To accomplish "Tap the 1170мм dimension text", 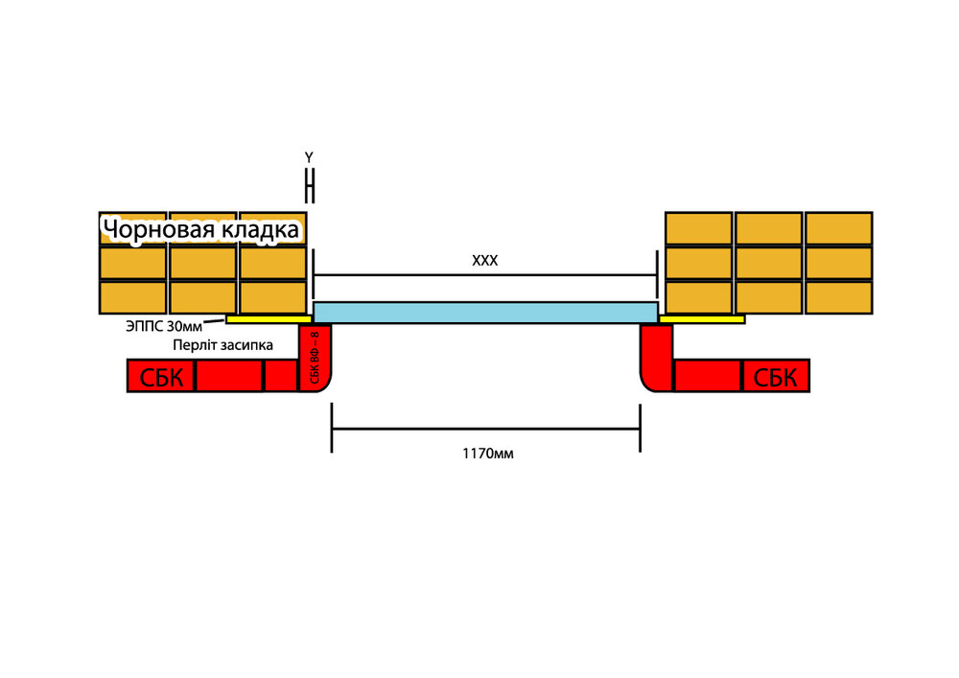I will [487, 454].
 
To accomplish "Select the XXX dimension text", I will [485, 260].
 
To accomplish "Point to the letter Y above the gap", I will [309, 157].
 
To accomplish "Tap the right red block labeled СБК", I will [776, 376].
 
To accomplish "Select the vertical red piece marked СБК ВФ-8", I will [315, 359].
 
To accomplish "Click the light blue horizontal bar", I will [485, 313].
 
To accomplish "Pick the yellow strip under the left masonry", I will [268, 318].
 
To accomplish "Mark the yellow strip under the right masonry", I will [702, 318].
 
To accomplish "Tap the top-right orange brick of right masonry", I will [838, 228].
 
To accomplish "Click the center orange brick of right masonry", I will [768, 263].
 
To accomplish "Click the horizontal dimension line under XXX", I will [485, 275].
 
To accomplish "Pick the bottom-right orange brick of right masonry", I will [838, 297].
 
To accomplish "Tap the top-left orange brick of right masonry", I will [698, 228].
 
